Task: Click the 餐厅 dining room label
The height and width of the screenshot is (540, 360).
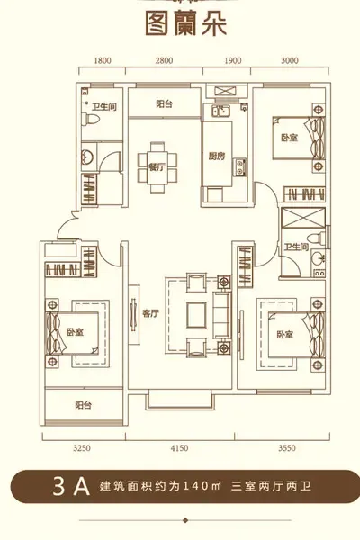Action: pyautogui.click(x=157, y=167)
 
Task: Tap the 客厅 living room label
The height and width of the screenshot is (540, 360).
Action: pyautogui.click(x=151, y=313)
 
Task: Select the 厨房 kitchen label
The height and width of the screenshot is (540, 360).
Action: pyautogui.click(x=217, y=157)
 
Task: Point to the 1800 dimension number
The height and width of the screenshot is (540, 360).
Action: pyautogui.click(x=103, y=61)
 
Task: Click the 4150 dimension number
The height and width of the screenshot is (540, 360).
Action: pyautogui.click(x=179, y=448)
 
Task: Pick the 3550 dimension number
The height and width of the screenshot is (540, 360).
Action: pyautogui.click(x=287, y=448)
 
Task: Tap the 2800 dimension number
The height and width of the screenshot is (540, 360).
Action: pyautogui.click(x=164, y=61)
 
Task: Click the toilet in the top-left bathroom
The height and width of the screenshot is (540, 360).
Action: pyautogui.click(x=90, y=119)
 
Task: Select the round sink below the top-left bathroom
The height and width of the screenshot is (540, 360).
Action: pyautogui.click(x=86, y=157)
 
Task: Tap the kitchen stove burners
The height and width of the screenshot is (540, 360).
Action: pyautogui.click(x=239, y=167)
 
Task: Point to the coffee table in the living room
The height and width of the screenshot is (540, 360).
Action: pyautogui.click(x=197, y=315)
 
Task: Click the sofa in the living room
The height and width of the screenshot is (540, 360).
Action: pyautogui.click(x=222, y=314)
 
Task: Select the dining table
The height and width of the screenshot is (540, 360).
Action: pyautogui.click(x=157, y=167)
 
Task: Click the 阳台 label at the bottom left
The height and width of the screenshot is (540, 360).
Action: pyautogui.click(x=84, y=405)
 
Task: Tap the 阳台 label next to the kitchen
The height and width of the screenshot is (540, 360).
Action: pyautogui.click(x=164, y=104)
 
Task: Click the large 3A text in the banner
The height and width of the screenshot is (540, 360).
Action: pyautogui.click(x=72, y=486)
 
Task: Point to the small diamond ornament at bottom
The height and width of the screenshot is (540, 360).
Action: pyautogui.click(x=185, y=520)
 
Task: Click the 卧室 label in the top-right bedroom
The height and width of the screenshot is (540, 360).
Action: pyautogui.click(x=290, y=138)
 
